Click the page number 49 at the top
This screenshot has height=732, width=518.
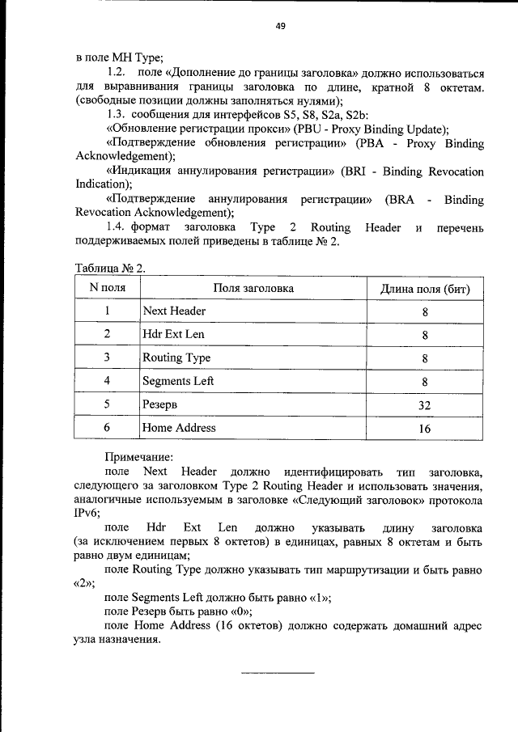280,26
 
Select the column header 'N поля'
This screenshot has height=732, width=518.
107,288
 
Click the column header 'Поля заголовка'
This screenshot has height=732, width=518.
253,288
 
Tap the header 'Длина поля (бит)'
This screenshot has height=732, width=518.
425,289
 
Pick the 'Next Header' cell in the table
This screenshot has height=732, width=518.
174,311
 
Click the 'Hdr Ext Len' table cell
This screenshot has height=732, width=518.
173,334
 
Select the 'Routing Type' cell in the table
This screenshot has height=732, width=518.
176,358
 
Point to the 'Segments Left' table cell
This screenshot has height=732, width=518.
178,381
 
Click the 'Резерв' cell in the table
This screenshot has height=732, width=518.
159,404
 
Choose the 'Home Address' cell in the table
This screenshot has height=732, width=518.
179,428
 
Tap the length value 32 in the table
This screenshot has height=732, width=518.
424,405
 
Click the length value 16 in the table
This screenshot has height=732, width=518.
424,429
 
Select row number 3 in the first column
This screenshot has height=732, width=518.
106,358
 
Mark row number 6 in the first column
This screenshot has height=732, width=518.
106,428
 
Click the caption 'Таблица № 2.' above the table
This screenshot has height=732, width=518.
110,268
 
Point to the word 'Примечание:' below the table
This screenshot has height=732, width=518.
139,457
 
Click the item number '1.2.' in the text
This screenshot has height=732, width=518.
118,73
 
